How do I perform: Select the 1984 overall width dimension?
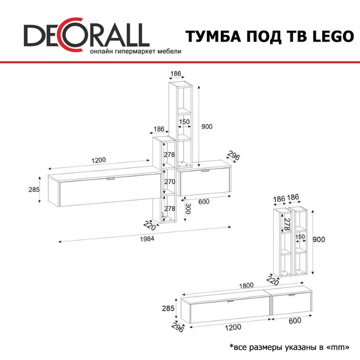point(147,239)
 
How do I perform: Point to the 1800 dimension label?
point(247,286)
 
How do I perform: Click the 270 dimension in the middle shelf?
point(170,182)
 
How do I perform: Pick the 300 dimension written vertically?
point(188,208)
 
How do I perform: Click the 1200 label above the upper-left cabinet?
point(99,160)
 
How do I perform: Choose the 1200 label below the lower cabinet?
point(233,327)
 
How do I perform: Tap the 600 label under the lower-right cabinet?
point(295,320)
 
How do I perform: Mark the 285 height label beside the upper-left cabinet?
point(34,190)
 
